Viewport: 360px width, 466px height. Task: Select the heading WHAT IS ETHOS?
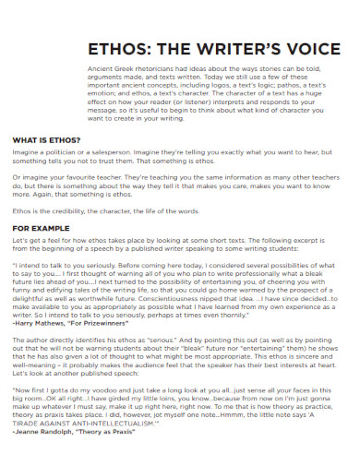46,140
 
